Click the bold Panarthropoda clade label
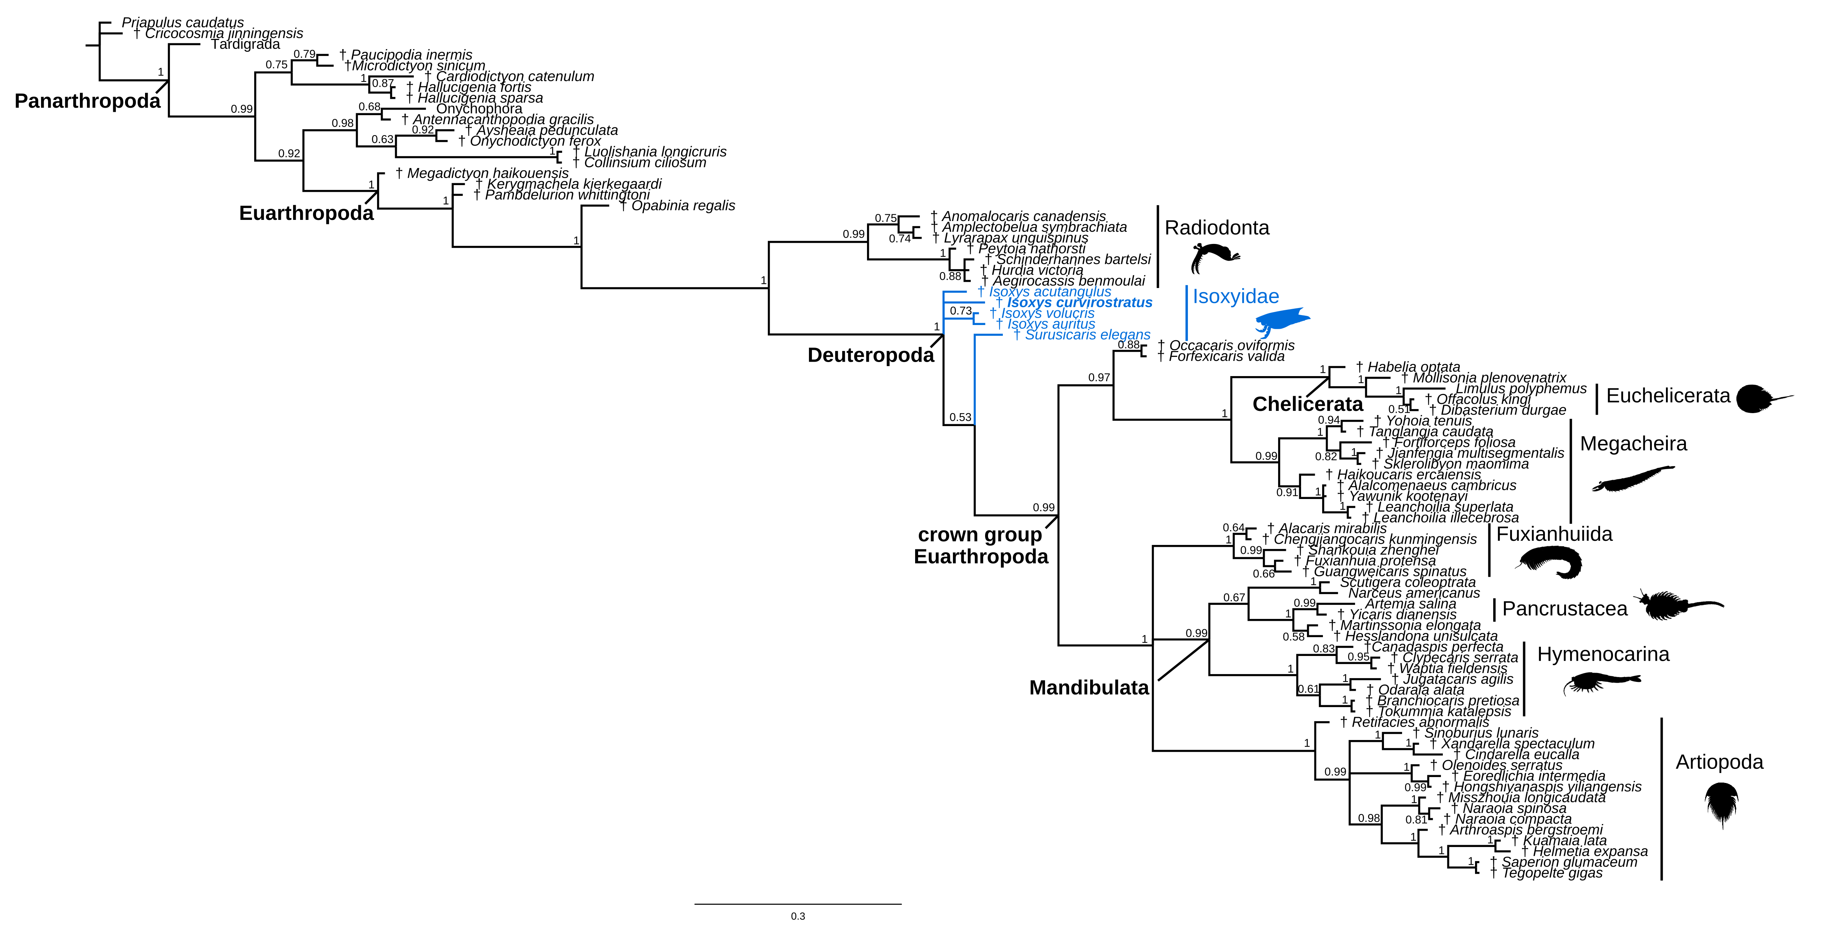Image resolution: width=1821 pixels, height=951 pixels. [88, 101]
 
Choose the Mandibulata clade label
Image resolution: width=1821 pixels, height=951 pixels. [1089, 687]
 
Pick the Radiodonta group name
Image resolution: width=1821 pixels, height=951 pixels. [1217, 228]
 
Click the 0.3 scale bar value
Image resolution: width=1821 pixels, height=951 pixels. [797, 916]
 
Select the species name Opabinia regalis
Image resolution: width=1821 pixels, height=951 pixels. [683, 206]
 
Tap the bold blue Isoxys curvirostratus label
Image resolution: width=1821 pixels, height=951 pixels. [1079, 302]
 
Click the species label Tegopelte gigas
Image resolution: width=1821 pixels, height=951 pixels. [1552, 873]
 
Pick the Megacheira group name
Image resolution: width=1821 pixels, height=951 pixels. [1633, 444]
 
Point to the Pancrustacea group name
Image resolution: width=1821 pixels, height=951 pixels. [1565, 609]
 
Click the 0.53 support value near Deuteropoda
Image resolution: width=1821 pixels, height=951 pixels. [960, 417]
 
